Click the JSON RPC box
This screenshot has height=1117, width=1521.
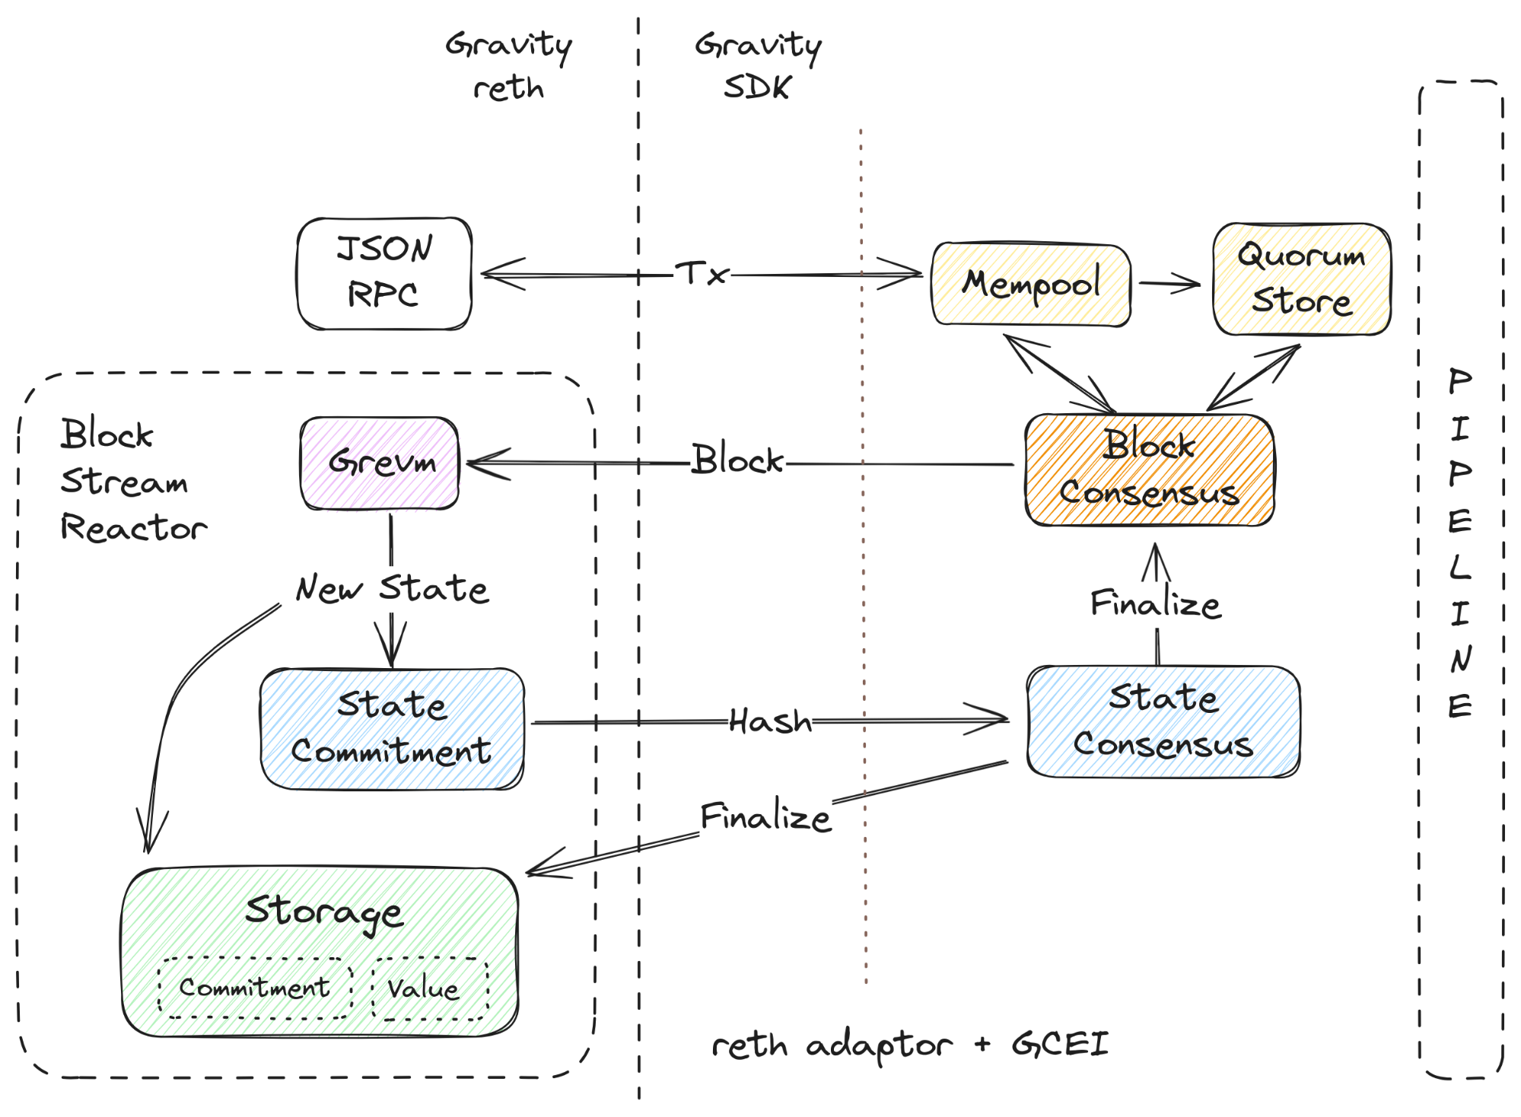384,273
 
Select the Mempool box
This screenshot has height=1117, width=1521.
1031,285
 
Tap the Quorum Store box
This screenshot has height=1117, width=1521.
1301,278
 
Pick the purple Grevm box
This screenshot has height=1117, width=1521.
380,463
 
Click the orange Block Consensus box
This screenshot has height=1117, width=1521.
1149,469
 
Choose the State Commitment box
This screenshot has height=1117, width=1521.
392,728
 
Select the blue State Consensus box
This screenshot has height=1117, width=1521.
1163,721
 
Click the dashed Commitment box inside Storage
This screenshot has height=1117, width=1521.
255,988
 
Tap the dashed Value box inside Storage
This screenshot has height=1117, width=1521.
430,988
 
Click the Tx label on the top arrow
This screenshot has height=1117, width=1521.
702,273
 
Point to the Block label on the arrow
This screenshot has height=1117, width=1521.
737,460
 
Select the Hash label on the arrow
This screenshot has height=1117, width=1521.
770,721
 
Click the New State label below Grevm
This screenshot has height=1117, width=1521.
392,589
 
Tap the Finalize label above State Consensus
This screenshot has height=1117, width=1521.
1155,604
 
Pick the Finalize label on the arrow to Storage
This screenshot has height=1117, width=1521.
765,817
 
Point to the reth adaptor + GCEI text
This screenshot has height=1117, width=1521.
909,1045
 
